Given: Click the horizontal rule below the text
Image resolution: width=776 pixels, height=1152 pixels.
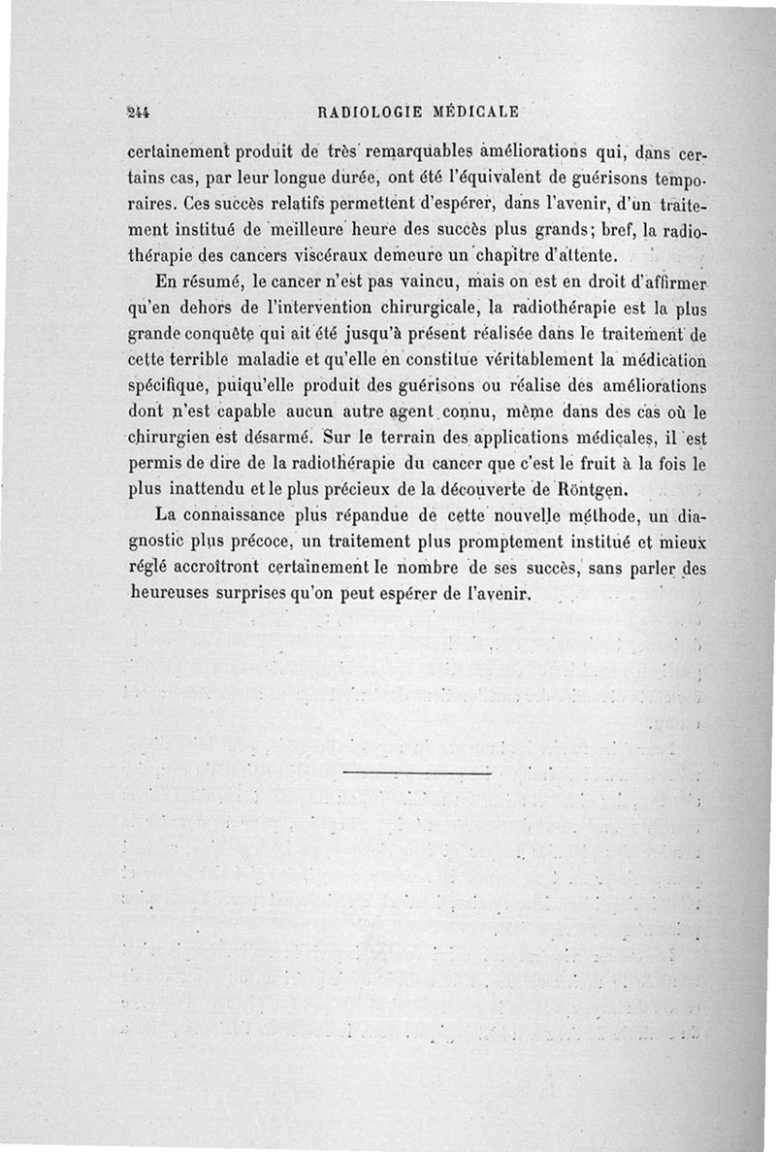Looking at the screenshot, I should pyautogui.click(x=418, y=773).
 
